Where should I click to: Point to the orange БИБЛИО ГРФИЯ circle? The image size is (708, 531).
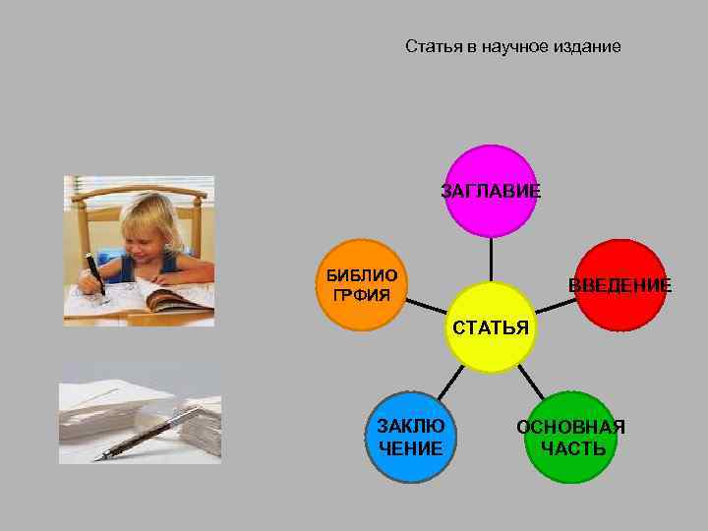pos(363,284)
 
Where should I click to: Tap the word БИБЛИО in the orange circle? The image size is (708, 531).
pos(363,275)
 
